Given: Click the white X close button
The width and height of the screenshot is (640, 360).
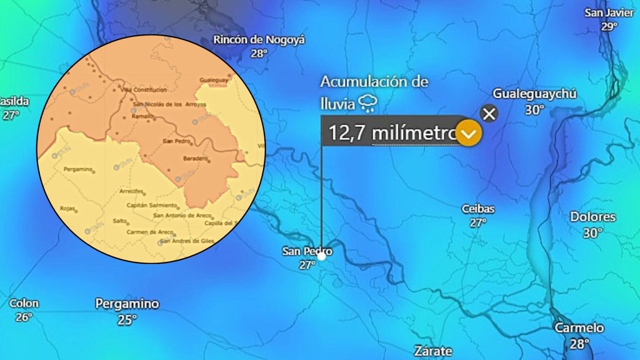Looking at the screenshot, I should pyautogui.click(x=489, y=113).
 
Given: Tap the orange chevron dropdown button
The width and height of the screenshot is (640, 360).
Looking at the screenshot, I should pyautogui.click(x=469, y=133).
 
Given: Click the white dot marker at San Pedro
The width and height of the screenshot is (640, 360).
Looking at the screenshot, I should pyautogui.click(x=321, y=256).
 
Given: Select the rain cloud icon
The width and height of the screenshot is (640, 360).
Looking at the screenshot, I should pyautogui.click(x=368, y=103).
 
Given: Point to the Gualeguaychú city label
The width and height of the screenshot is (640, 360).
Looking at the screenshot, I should pyautogui.click(x=535, y=94).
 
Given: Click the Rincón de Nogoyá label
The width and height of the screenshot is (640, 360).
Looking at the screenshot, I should pyautogui.click(x=259, y=40).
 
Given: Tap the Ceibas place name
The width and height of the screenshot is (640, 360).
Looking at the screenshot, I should pyautogui.click(x=478, y=209).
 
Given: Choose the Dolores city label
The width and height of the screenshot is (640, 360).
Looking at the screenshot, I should pyautogui.click(x=592, y=217).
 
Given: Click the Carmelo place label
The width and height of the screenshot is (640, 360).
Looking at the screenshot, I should pyautogui.click(x=579, y=328).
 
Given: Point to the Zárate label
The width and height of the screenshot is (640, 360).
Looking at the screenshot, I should pyautogui.click(x=433, y=351).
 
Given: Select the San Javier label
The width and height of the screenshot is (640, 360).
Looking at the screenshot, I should pyautogui.click(x=609, y=13).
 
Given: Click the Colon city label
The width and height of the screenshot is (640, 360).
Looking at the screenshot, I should pyautogui.click(x=24, y=303).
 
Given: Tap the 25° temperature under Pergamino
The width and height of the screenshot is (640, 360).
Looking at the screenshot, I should pyautogui.click(x=127, y=320).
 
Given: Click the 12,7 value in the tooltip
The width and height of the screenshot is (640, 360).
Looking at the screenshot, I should pyautogui.click(x=347, y=133).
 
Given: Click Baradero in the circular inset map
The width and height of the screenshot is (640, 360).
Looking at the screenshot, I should pyautogui.click(x=195, y=158).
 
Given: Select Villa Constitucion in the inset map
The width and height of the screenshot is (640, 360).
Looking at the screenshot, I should pyautogui.click(x=143, y=90).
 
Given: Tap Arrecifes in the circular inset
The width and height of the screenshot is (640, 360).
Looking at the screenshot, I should pyautogui.click(x=131, y=192).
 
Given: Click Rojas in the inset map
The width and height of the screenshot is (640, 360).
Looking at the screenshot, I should pyautogui.click(x=67, y=208).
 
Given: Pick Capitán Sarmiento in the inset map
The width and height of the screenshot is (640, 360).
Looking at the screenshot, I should pyautogui.click(x=152, y=205).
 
